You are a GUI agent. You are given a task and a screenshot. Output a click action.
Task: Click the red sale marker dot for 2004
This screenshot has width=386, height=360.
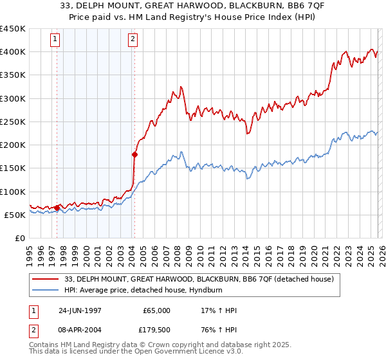pyautogui.click(x=134, y=154)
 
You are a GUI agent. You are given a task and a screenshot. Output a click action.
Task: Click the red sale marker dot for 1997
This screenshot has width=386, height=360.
pyautogui.click(x=57, y=208)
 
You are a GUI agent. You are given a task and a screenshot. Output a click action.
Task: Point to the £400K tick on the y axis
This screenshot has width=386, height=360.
pyautogui.click(x=13, y=52)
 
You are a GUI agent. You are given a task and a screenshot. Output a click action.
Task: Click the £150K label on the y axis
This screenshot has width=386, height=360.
pyautogui.click(x=13, y=168)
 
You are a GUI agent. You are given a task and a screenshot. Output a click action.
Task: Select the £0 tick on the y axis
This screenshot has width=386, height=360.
pyautogui.click(x=19, y=238)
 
